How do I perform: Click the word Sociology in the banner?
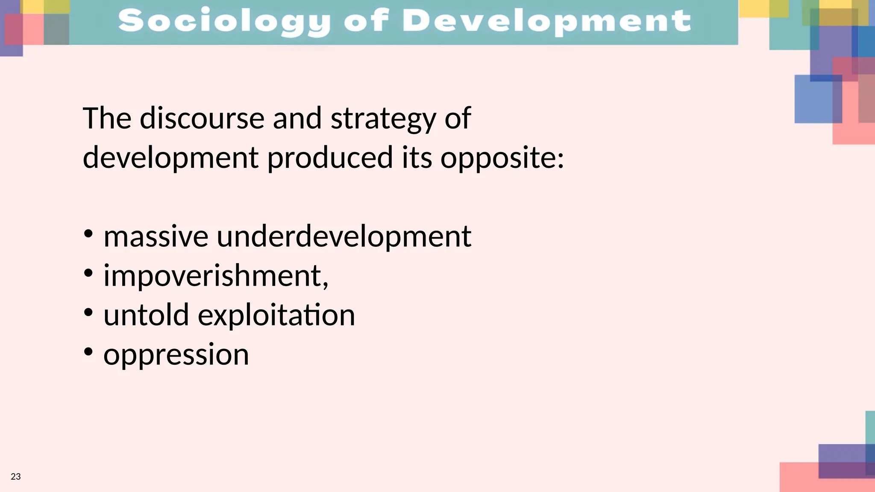pos(224,21)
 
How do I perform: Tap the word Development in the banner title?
pos(546,21)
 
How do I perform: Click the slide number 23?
pos(16,477)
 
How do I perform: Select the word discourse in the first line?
pos(202,118)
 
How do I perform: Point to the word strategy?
pos(383,118)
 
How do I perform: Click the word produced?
pos(330,158)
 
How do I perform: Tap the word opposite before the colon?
pos(498,158)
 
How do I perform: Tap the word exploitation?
pos(276,315)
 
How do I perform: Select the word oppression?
pos(176,354)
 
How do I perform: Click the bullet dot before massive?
pos(88,234)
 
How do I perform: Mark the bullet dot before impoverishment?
pos(88,273)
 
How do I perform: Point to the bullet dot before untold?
pos(88,313)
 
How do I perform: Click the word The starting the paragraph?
pos(107,118)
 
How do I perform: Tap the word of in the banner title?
pos(367,21)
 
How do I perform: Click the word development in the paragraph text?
pos(170,158)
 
